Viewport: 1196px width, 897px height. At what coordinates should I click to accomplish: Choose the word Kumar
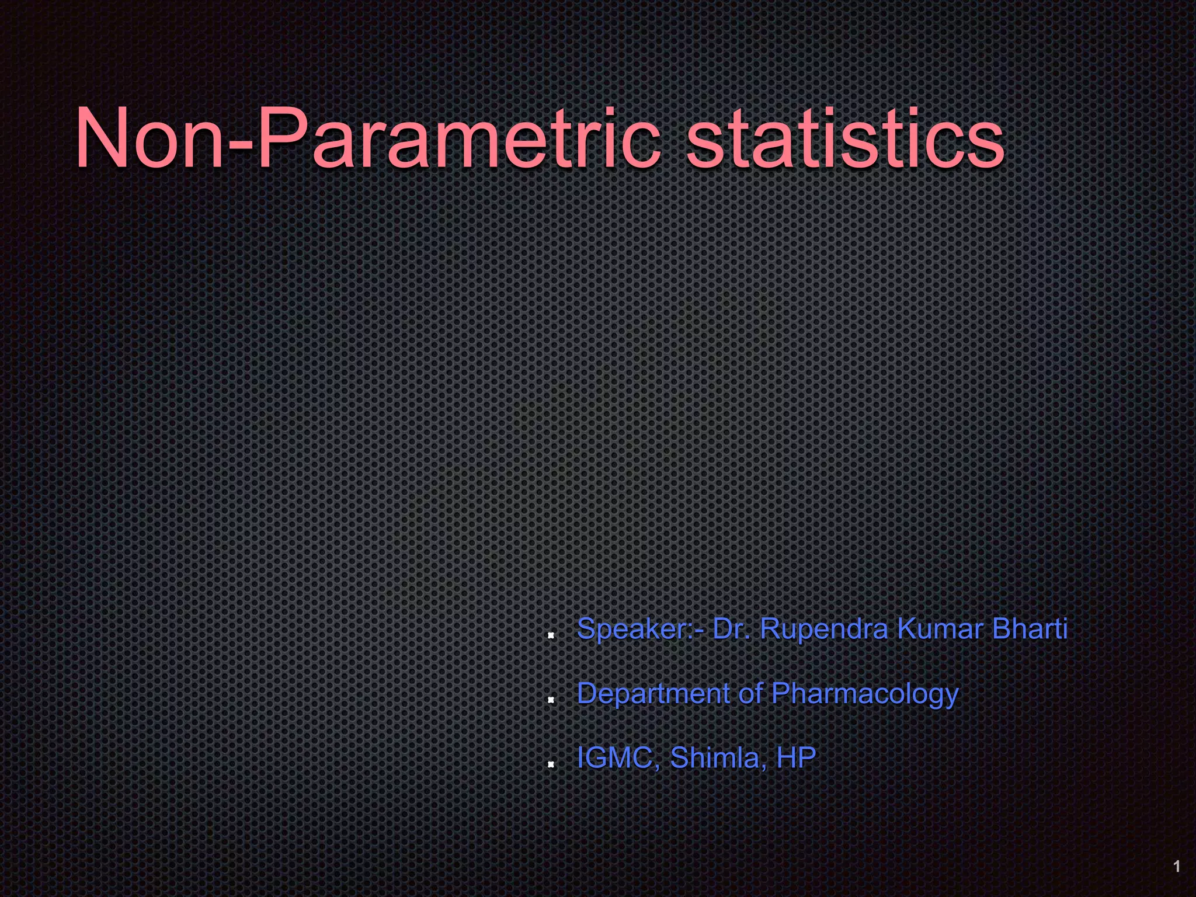click(x=940, y=629)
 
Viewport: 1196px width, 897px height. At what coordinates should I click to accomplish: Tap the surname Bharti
click(x=1030, y=629)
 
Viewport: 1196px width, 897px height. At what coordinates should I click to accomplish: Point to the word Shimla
click(x=715, y=758)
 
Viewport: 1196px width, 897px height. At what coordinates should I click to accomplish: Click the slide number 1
click(x=1177, y=866)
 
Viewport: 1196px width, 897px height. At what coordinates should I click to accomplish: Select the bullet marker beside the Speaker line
click(x=550, y=635)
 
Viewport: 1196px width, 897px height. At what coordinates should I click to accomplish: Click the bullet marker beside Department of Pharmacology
click(x=550, y=699)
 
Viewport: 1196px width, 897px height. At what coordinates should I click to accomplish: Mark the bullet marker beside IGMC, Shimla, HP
click(x=550, y=763)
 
